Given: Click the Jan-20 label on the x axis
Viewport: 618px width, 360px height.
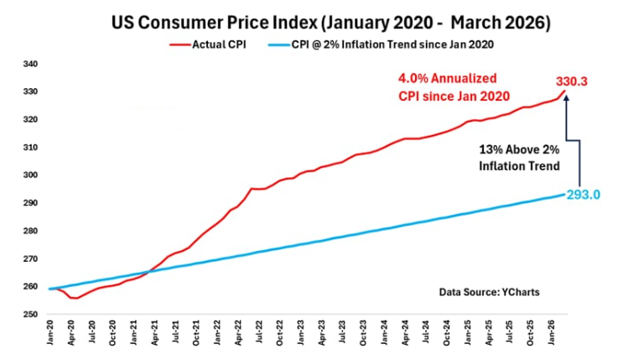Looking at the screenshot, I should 49,334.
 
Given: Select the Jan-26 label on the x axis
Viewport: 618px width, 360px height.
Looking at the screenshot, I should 553,334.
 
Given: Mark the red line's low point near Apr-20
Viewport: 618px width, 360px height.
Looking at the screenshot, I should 75,298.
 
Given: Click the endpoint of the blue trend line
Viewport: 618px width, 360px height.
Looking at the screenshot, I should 566,195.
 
